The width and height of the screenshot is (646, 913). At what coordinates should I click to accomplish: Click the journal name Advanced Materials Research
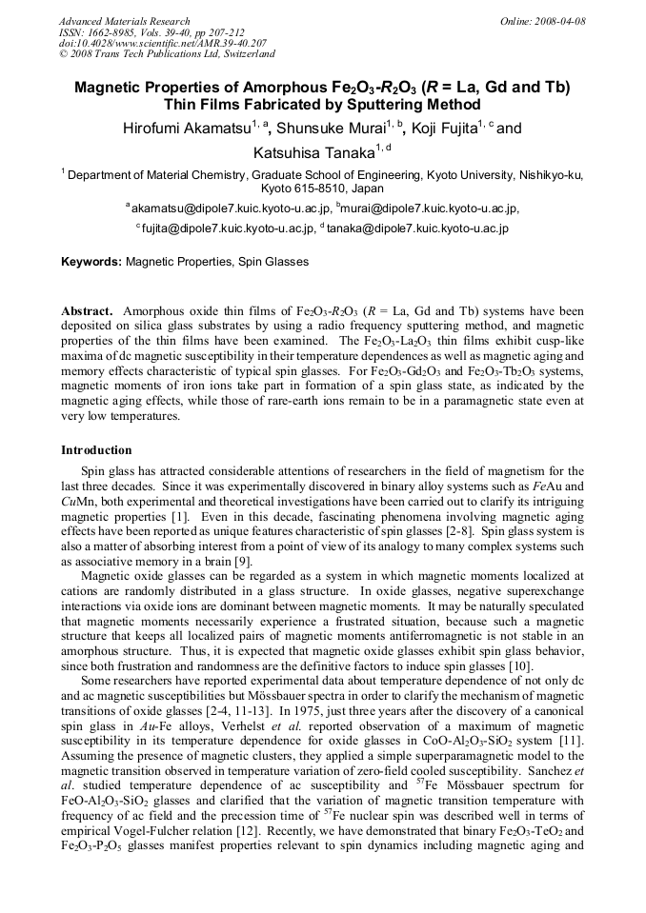point(124,21)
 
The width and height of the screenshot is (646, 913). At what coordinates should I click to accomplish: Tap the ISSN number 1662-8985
point(117,32)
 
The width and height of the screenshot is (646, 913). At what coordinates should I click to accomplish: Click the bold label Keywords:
point(91,261)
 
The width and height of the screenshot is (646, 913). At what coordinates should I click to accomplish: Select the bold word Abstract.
point(88,311)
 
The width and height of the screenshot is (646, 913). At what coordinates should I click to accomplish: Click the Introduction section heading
point(96,449)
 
